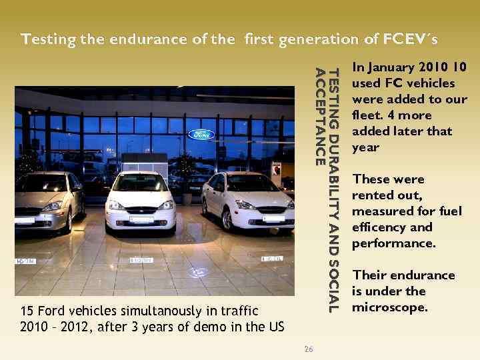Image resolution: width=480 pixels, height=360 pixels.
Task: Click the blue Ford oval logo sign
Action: click(201, 135)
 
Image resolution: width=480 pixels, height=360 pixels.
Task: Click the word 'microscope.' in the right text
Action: click(389, 307)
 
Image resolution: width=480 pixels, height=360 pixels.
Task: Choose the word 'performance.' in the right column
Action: click(393, 243)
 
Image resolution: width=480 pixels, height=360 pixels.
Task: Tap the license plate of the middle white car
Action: click(141, 219)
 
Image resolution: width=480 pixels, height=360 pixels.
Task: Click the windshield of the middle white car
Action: click(139, 184)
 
